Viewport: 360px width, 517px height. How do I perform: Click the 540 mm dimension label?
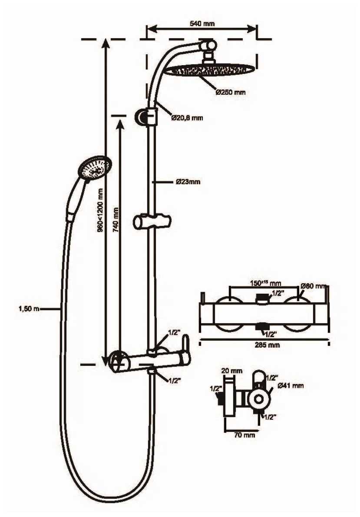[202, 24]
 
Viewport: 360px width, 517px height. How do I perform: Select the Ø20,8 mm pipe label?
[187, 117]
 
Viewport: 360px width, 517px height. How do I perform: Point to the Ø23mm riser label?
[188, 182]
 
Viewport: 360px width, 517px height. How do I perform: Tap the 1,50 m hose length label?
[29, 309]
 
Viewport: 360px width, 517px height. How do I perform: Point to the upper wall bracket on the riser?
[145, 116]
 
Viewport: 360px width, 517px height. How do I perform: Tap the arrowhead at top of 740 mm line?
[119, 120]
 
